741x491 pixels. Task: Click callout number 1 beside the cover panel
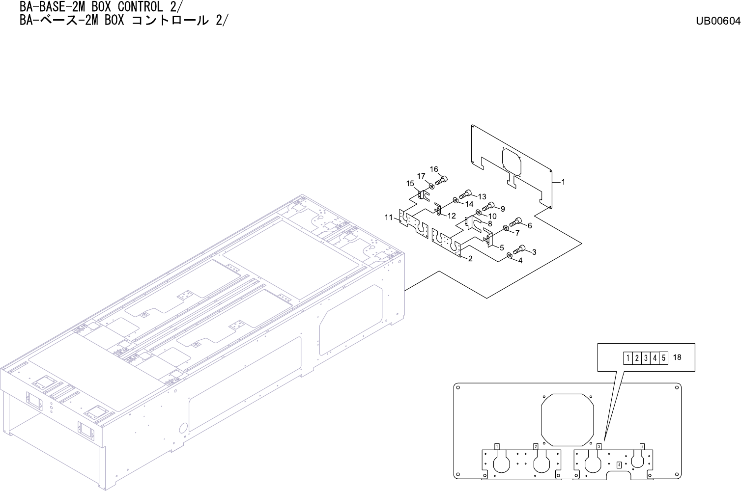coord(563,182)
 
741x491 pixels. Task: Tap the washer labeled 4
coord(510,255)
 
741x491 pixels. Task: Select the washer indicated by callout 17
coord(431,187)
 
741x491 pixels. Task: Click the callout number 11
coord(388,217)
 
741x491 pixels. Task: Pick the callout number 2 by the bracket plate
coord(470,259)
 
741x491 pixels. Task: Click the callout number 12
coord(452,216)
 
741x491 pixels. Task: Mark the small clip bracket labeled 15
coord(422,194)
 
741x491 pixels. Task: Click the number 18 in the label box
coord(677,357)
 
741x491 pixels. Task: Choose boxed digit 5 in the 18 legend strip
coord(663,358)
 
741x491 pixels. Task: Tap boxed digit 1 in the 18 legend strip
coord(628,358)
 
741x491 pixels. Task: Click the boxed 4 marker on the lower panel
coord(619,464)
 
